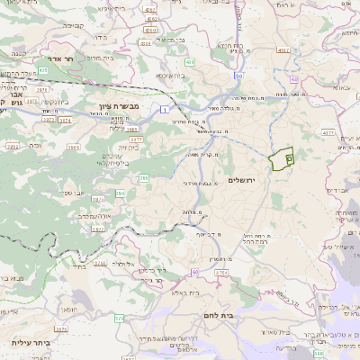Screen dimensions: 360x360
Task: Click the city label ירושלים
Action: point(242,181)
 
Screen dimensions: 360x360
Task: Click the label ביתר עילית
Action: point(28,342)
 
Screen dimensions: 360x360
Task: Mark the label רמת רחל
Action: point(255,241)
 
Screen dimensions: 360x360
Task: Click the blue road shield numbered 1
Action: point(166,109)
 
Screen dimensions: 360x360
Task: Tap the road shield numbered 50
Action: point(237,76)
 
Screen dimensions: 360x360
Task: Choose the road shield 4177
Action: point(136,140)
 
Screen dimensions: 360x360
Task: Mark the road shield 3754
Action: point(221,271)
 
